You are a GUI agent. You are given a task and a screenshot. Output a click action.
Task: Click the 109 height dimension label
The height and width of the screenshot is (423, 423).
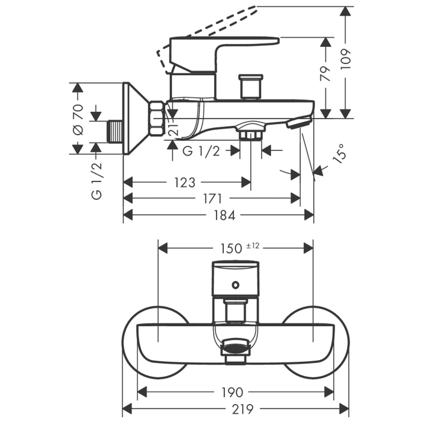[x=346, y=59]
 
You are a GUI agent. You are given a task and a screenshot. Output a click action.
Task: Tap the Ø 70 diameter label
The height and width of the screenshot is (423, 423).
[x=78, y=119]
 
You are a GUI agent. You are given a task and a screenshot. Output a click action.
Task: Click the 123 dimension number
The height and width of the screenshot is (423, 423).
[x=184, y=183]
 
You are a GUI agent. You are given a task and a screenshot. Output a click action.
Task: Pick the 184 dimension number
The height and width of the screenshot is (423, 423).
[x=224, y=215]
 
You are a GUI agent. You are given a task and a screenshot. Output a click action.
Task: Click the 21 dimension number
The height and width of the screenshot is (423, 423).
[x=174, y=127]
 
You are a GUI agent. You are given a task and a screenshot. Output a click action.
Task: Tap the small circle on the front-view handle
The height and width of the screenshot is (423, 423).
[x=235, y=285]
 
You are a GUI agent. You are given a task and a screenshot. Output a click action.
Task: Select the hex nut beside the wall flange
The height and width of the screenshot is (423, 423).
[x=156, y=118]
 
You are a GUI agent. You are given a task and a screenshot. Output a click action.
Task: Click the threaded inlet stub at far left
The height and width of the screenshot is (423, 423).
[x=114, y=131]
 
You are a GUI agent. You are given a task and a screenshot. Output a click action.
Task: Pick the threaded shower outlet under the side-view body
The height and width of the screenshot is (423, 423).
[x=251, y=134]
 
